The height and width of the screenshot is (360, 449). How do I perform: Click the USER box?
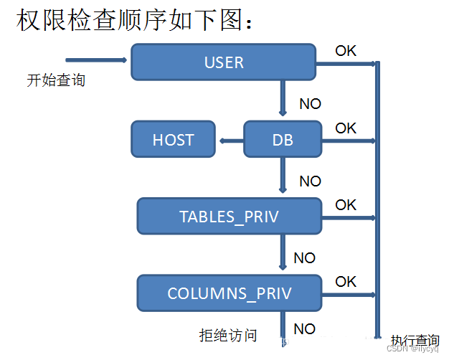tap(223, 62)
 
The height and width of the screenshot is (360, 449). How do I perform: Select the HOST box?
tap(173, 139)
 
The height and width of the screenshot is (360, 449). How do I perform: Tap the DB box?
tap(283, 139)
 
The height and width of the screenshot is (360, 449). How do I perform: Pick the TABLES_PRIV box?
tap(229, 217)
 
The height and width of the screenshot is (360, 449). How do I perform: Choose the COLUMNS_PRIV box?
tap(229, 293)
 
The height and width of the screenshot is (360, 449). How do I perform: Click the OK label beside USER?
tap(346, 51)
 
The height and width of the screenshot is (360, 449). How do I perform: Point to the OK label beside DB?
tap(346, 128)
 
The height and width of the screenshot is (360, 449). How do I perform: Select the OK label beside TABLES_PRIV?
tap(346, 205)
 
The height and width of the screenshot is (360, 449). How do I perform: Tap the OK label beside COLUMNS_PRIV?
tap(346, 281)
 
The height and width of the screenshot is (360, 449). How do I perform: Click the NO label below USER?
tap(310, 104)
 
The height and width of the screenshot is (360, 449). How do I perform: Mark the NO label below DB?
tap(310, 181)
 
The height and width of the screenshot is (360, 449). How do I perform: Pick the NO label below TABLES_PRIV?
tap(304, 257)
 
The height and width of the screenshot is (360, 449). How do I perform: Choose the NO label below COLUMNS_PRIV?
tap(304, 329)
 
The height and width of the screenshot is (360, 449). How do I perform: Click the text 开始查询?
tap(56, 80)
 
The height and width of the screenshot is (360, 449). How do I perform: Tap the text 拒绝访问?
tap(227, 334)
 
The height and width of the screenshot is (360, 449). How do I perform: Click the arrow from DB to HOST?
tap(230, 140)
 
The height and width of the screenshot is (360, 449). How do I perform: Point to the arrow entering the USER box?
tap(97, 60)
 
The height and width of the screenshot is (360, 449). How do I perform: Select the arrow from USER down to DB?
tap(283, 98)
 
